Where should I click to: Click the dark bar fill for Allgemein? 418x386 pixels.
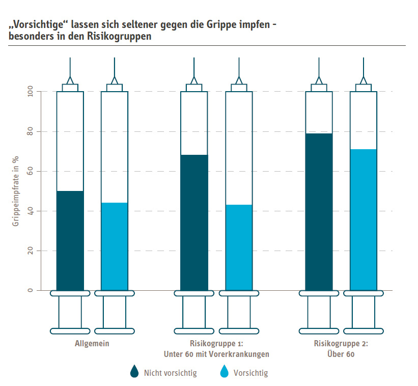pyautogui.click(x=70, y=240)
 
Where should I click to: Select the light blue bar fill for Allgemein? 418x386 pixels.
pyautogui.click(x=115, y=246)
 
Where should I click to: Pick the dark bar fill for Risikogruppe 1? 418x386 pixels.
pyautogui.click(x=194, y=222)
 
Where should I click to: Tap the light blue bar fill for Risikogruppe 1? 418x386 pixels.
pyautogui.click(x=239, y=247)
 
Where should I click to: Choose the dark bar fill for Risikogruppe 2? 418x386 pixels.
pyautogui.click(x=319, y=211)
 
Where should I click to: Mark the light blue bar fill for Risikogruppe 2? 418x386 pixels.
pyautogui.click(x=363, y=219)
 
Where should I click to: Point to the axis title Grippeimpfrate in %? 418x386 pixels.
pyautogui.click(x=16, y=190)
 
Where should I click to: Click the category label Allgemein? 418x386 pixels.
pyautogui.click(x=92, y=344)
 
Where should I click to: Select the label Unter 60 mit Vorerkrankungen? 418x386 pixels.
pyautogui.click(x=216, y=354)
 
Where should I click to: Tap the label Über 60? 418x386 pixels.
pyautogui.click(x=341, y=354)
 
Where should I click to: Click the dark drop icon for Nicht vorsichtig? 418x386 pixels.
pyautogui.click(x=134, y=372)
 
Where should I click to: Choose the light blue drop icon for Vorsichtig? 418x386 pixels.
pyautogui.click(x=224, y=372)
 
